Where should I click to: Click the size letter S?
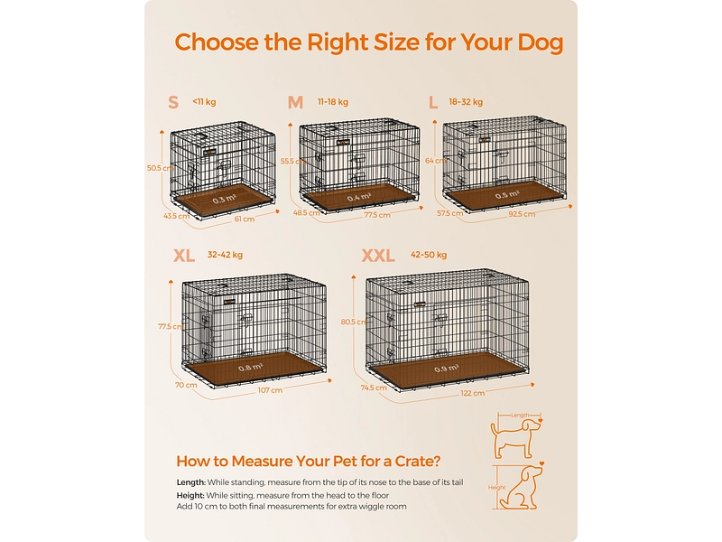click(x=173, y=102)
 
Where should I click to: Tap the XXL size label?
click(x=378, y=256)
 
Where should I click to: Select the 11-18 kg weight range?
click(x=333, y=102)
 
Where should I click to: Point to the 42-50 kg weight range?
click(x=429, y=255)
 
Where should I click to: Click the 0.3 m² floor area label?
click(x=224, y=200)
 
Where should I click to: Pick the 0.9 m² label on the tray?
click(x=446, y=369)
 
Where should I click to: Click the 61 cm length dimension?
click(x=244, y=219)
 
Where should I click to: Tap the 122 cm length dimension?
click(x=472, y=393)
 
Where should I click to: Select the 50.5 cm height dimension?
click(x=160, y=168)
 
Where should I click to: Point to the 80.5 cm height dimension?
click(x=354, y=322)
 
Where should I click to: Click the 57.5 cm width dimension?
click(x=449, y=213)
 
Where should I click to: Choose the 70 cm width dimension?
click(x=186, y=385)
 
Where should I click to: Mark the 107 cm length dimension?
click(x=270, y=390)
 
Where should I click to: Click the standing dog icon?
click(x=515, y=437)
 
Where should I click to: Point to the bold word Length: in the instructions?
click(x=190, y=482)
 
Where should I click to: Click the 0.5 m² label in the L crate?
click(x=507, y=195)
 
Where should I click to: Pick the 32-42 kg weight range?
click(x=225, y=255)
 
